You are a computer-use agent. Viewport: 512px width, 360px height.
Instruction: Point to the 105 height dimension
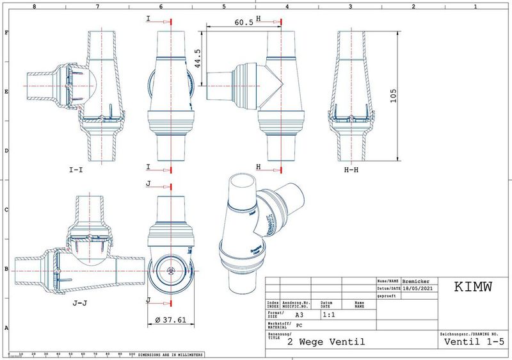click(397, 95)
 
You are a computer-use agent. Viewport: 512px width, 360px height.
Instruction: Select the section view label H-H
click(354, 171)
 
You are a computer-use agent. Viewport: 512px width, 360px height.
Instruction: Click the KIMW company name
click(473, 287)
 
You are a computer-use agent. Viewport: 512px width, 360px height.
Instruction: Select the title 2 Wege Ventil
click(326, 342)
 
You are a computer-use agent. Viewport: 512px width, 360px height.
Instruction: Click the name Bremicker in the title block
click(417, 281)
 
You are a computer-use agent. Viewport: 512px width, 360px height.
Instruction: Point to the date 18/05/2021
click(419, 289)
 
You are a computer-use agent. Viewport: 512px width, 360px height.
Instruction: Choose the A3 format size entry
click(299, 315)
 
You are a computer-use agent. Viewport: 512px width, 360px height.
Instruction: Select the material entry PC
click(298, 325)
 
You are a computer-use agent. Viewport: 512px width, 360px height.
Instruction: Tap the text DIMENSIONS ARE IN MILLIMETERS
click(171, 354)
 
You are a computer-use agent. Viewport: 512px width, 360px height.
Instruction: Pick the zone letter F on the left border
click(6, 31)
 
